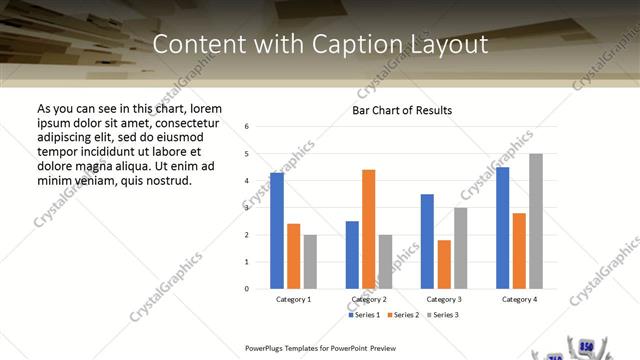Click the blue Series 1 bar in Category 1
tap(276, 230)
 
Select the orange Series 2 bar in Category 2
tap(368, 229)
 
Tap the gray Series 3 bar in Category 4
tap(536, 221)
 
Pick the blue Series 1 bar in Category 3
tap(427, 241)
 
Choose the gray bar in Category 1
tap(310, 261)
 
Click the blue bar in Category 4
tap(503, 228)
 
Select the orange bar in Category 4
tap(519, 250)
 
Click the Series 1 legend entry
tap(365, 315)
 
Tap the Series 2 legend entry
tap(403, 315)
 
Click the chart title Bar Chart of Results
tap(402, 110)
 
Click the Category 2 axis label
tap(368, 299)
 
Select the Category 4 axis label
tap(519, 299)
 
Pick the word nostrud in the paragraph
tap(169, 181)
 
